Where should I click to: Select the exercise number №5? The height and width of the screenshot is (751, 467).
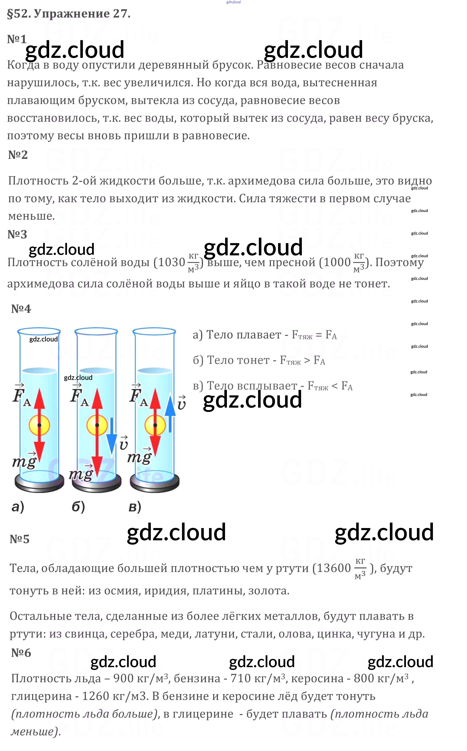click(19, 539)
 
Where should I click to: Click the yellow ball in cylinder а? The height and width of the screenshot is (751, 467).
click(39, 425)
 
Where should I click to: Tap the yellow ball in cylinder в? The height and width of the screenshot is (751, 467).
click(155, 425)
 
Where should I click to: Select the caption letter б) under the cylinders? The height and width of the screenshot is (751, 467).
click(78, 507)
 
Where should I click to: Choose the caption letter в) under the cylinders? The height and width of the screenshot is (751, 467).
click(135, 507)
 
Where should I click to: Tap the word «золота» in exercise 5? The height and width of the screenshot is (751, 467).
click(268, 591)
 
